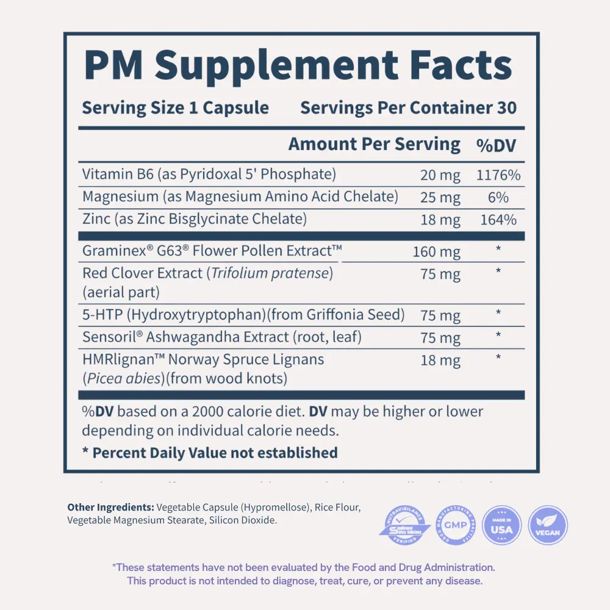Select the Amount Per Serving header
(x=374, y=145)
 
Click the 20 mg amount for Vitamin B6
(x=440, y=176)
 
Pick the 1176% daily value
(x=498, y=176)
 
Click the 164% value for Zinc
(x=498, y=220)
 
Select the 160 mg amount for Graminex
(x=436, y=251)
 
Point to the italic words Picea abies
(x=123, y=378)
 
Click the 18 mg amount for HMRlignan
(x=440, y=360)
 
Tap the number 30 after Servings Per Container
(x=506, y=108)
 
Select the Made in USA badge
(x=501, y=525)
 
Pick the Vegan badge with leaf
(x=547, y=525)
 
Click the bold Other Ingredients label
(x=110, y=507)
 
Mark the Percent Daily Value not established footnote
(x=210, y=453)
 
